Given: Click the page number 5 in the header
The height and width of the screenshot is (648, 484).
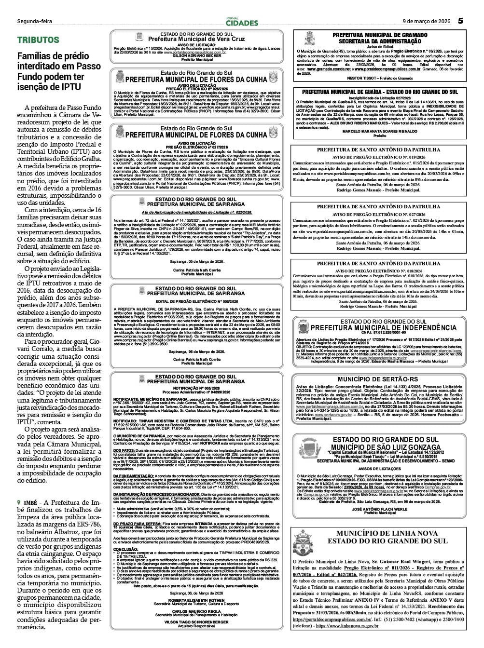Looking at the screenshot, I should [x=460, y=21].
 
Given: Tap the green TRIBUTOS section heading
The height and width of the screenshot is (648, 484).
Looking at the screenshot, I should [x=38, y=40].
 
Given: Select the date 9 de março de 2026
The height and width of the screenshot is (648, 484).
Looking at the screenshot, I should [x=426, y=21].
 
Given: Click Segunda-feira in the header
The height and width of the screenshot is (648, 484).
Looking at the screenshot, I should [x=34, y=21].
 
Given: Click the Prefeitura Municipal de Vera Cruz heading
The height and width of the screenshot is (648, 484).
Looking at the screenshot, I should [x=196, y=39].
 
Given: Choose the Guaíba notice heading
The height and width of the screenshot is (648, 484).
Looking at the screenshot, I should [x=380, y=92].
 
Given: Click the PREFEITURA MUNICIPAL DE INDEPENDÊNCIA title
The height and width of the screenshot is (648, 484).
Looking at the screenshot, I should [x=384, y=328].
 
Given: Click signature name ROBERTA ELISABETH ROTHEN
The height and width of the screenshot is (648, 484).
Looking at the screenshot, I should [x=196, y=600].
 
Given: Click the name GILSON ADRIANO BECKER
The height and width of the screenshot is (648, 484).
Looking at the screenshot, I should [x=196, y=55].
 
